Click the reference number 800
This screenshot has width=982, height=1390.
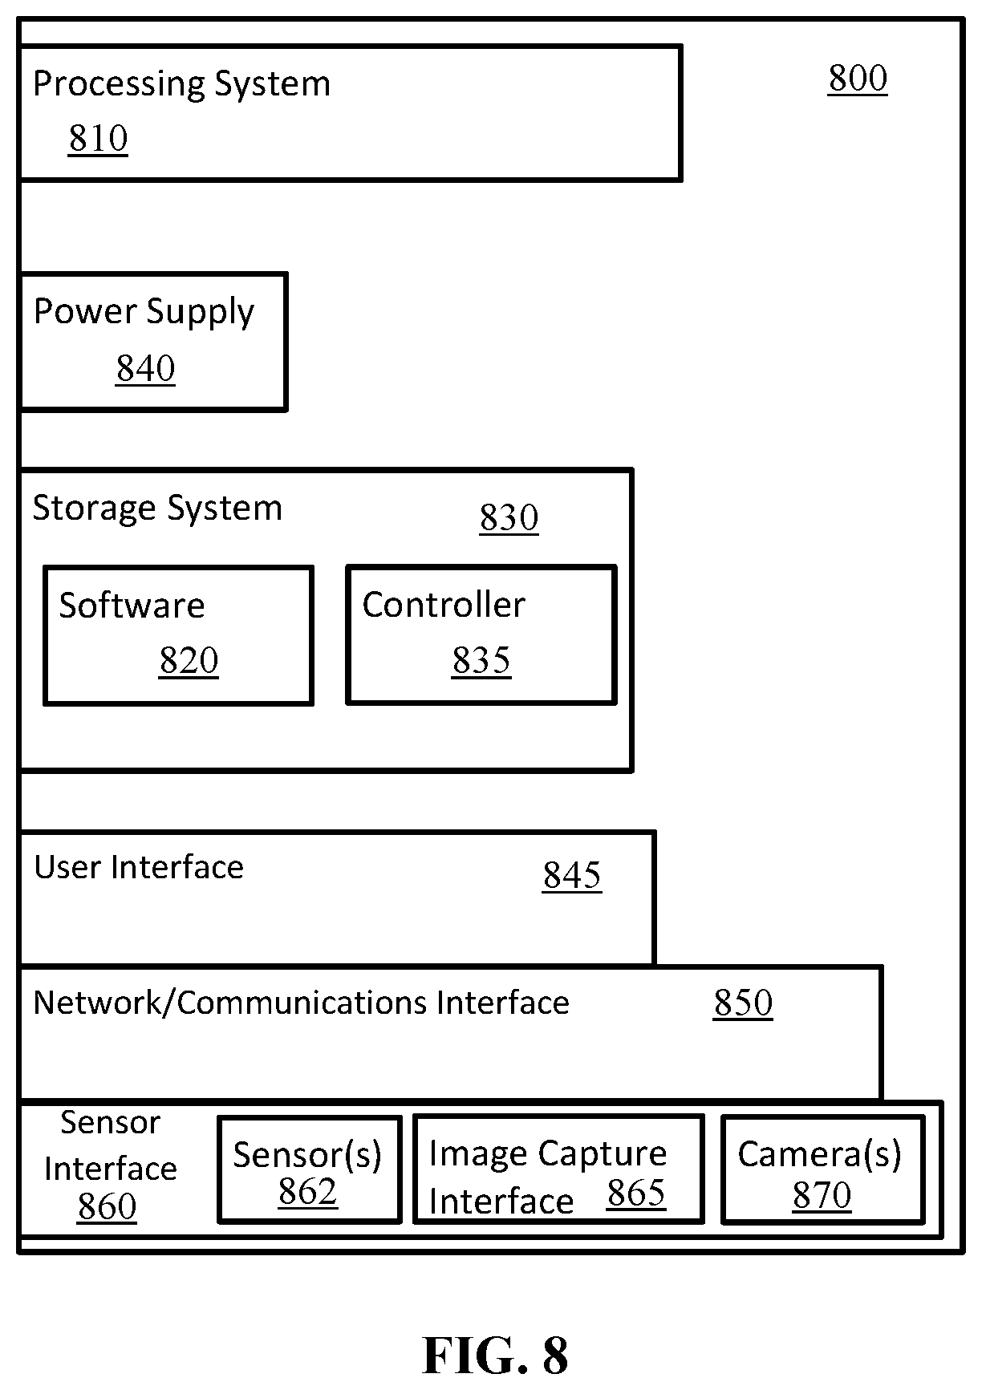click(858, 79)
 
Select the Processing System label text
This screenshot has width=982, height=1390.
click(181, 84)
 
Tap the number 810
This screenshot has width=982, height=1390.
click(98, 139)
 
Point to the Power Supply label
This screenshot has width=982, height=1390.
click(144, 312)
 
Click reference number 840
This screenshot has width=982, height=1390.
click(145, 369)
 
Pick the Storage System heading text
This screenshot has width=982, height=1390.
click(157, 509)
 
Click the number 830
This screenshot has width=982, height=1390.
click(509, 518)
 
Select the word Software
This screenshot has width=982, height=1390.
click(132, 605)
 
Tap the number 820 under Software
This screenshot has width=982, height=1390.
click(189, 661)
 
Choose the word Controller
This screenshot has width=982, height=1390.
click(444, 605)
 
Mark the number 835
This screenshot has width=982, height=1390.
click(481, 661)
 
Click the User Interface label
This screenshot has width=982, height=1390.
click(139, 867)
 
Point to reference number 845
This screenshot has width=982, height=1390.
click(571, 876)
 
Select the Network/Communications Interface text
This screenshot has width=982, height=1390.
click(301, 1003)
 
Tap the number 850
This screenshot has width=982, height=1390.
click(743, 1003)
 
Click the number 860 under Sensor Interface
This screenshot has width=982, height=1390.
click(107, 1207)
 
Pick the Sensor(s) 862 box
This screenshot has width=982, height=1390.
click(309, 1169)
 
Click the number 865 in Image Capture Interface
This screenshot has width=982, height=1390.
click(636, 1193)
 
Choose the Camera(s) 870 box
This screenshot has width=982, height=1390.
click(822, 1169)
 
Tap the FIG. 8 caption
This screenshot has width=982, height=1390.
click(495, 1356)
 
